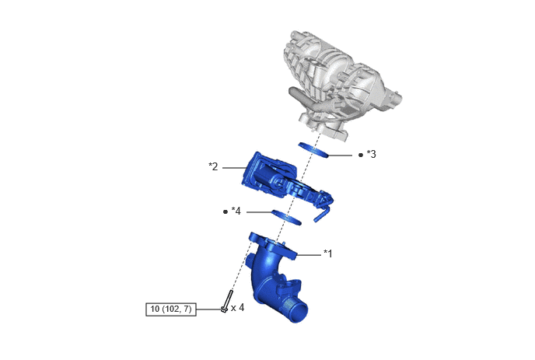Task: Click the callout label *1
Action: pyautogui.click(x=327, y=253)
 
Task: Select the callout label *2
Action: pyautogui.click(x=213, y=166)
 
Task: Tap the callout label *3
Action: pyautogui.click(x=371, y=154)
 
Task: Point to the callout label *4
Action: pyautogui.click(x=236, y=211)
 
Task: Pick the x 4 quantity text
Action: pyautogui.click(x=237, y=308)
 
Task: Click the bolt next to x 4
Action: pyautogui.click(x=227, y=302)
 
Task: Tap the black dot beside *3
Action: pyautogui.click(x=361, y=155)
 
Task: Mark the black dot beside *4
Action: pyautogui.click(x=226, y=212)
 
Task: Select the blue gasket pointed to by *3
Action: pyautogui.click(x=313, y=150)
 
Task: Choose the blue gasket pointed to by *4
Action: pyautogui.click(x=287, y=218)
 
